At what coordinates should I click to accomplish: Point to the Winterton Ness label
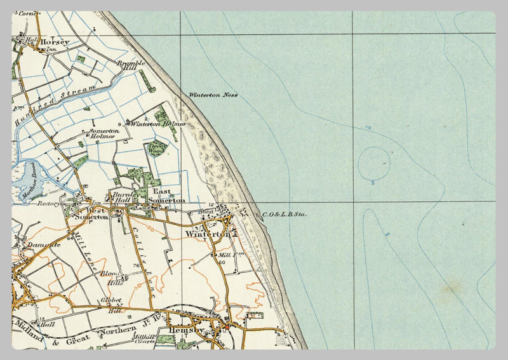pos(213,95)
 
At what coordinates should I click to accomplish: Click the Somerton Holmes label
pos(102,133)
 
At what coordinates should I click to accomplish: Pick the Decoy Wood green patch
pos(156,149)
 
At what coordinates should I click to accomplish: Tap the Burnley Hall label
pos(121,197)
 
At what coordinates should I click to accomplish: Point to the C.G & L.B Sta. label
pos(284,215)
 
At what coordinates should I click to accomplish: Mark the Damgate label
pos(43,244)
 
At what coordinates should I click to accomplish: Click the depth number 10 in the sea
pos(368,128)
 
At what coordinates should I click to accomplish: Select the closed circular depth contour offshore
pos(374,163)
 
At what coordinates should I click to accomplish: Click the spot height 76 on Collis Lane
pos(135,265)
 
